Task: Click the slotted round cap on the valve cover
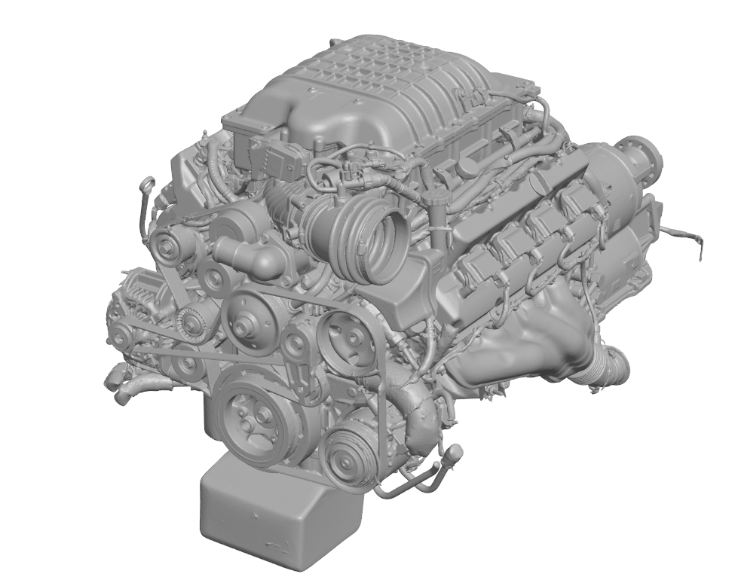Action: point(466,164)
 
